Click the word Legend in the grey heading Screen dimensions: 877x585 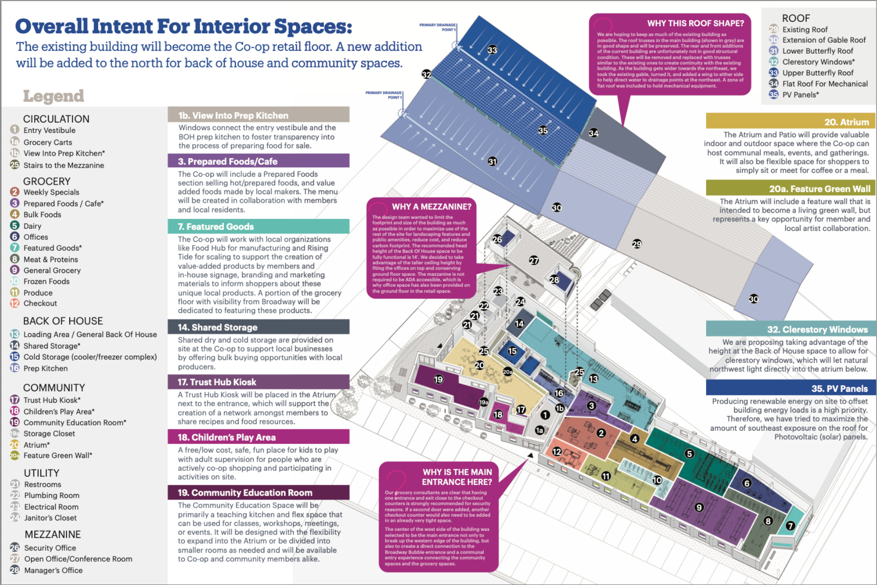pos(54,96)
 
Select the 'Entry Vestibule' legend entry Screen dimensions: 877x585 pos(49,130)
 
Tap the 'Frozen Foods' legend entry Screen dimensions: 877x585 pos(47,281)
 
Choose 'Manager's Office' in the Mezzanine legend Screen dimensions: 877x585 pos(53,570)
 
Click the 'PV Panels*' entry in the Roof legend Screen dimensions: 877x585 pos(801,94)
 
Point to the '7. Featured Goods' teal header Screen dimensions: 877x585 pos(216,226)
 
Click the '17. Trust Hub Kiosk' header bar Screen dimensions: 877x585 pos(217,382)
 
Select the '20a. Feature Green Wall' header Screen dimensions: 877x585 pos(820,189)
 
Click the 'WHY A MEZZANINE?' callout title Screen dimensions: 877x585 pos(431,207)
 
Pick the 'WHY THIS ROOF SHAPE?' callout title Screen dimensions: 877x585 pos(695,23)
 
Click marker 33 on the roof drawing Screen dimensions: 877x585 pos(493,50)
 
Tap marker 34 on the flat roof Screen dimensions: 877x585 pos(594,133)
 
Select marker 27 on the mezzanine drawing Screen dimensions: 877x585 pos(534,260)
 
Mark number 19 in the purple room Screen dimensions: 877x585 pos(438,379)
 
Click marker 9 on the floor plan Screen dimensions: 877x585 pos(699,508)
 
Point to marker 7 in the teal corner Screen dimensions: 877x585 pos(790,526)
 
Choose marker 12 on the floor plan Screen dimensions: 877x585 pos(557,452)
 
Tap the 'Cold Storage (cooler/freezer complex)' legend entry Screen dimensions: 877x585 pos(90,357)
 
